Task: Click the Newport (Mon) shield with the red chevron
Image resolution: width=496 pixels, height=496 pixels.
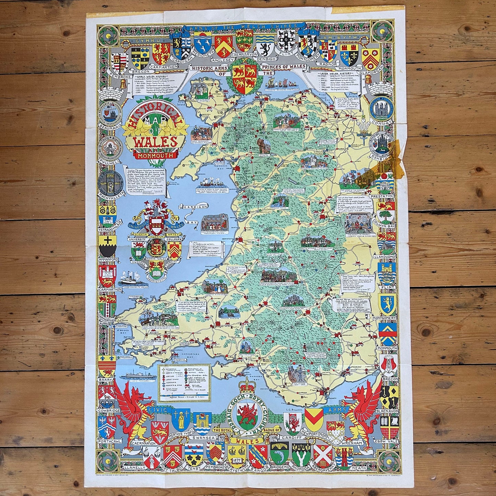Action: point(313,418)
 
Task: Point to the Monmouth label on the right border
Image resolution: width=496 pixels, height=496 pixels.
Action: point(388,348)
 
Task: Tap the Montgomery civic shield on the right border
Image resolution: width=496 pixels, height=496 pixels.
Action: point(388,304)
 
